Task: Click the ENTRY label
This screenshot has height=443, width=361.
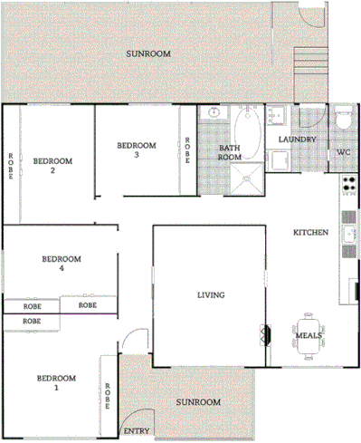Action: coord(136,431)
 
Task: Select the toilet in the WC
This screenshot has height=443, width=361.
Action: coord(343,120)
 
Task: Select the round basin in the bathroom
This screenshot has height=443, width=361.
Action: coord(214,115)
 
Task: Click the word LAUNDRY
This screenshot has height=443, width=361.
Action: coord(296,140)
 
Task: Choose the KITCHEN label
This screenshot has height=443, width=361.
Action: coord(310,234)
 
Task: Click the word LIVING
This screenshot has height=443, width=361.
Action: coord(211,295)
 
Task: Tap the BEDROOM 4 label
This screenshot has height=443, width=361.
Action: coord(62,264)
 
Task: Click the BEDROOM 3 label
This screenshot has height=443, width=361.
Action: coord(137,149)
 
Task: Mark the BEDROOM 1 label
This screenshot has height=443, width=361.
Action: coord(55,382)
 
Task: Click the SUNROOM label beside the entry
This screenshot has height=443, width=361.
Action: coord(198,401)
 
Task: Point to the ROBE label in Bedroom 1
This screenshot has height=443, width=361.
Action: coord(107,395)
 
